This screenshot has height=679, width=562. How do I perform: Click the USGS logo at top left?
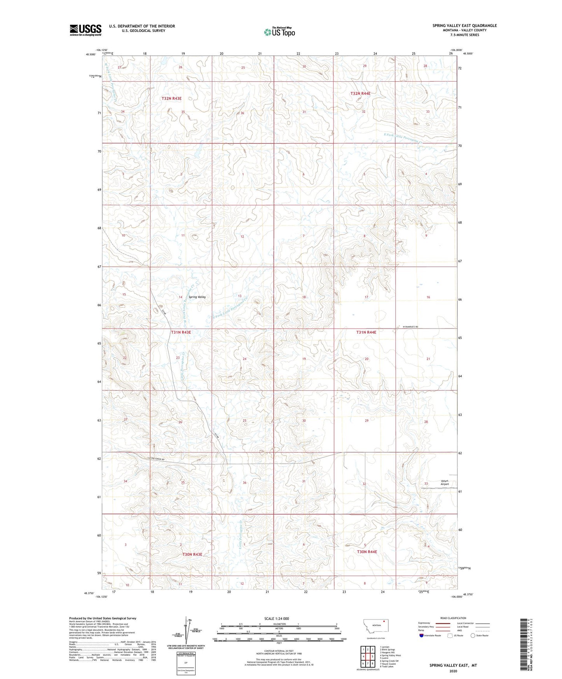click(86, 30)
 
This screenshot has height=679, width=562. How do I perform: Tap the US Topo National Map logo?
click(279, 32)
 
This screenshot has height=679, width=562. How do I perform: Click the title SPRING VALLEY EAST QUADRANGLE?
click(464, 26)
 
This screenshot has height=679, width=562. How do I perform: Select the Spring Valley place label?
click(197, 297)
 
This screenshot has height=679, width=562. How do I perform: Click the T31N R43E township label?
click(181, 332)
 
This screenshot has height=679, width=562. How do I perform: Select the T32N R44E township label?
click(360, 93)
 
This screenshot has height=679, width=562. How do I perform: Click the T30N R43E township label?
click(192, 554)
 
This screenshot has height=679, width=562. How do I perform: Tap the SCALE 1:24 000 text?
click(277, 618)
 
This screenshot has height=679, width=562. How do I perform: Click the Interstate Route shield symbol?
click(422, 635)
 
